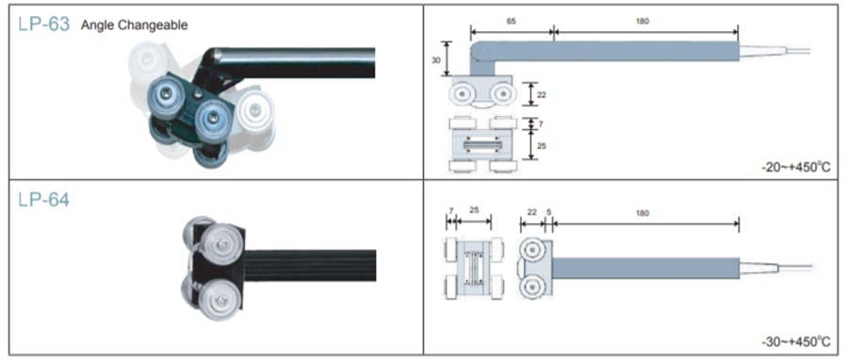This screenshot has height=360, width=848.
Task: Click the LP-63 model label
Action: (43, 25)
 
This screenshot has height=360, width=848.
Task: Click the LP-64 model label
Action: (43, 200)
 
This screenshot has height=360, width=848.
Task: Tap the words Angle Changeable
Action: (134, 25)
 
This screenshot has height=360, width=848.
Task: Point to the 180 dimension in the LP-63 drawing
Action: (643, 22)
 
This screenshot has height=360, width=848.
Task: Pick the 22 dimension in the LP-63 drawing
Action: (542, 94)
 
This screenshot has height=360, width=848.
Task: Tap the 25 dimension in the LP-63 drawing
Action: (542, 145)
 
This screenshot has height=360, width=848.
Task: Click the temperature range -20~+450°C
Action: (795, 167)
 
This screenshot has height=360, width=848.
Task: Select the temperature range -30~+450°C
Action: (795, 341)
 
